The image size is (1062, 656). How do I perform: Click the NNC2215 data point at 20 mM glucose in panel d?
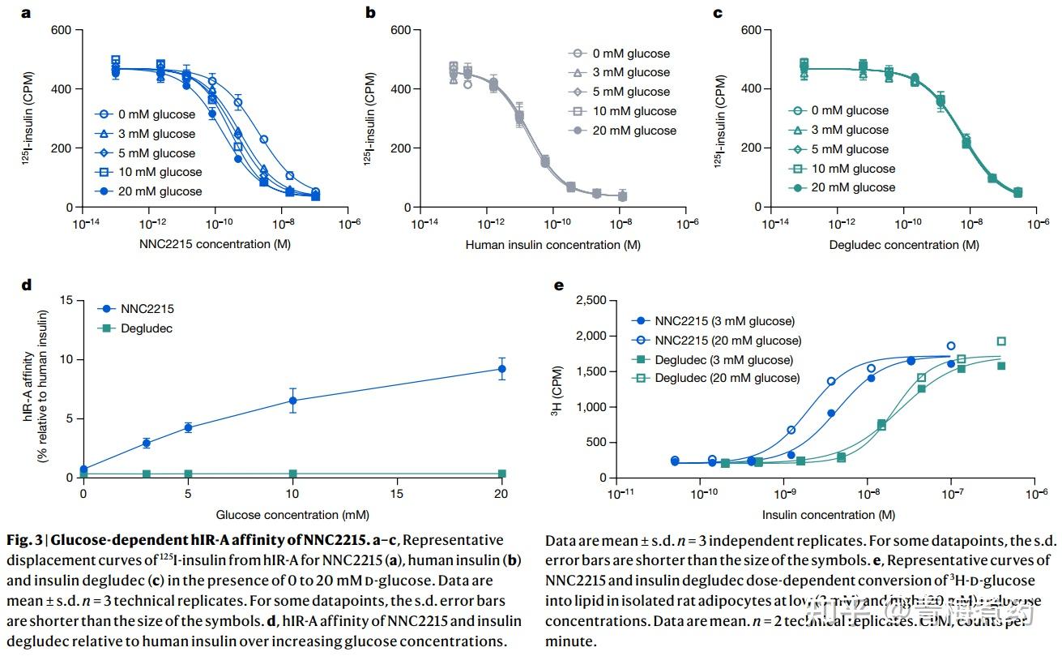[x=502, y=369]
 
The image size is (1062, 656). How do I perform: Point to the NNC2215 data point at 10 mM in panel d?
[x=293, y=400]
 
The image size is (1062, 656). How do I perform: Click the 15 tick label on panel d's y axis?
[x=66, y=301]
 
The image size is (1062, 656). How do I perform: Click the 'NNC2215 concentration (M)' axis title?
[x=215, y=244]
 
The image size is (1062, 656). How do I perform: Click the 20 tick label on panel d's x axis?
[x=502, y=493]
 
